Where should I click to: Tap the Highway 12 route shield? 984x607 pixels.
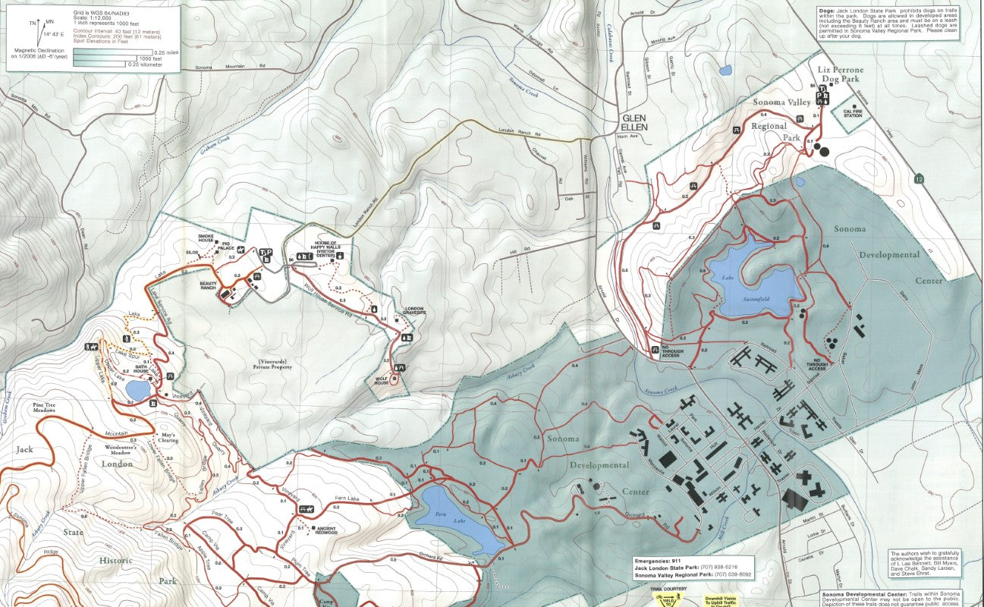click(920, 179)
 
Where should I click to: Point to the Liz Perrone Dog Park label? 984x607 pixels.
click(841, 74)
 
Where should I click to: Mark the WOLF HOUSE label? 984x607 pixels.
click(381, 380)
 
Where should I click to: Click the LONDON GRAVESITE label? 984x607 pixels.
click(414, 311)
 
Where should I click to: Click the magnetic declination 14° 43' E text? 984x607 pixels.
click(53, 34)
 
